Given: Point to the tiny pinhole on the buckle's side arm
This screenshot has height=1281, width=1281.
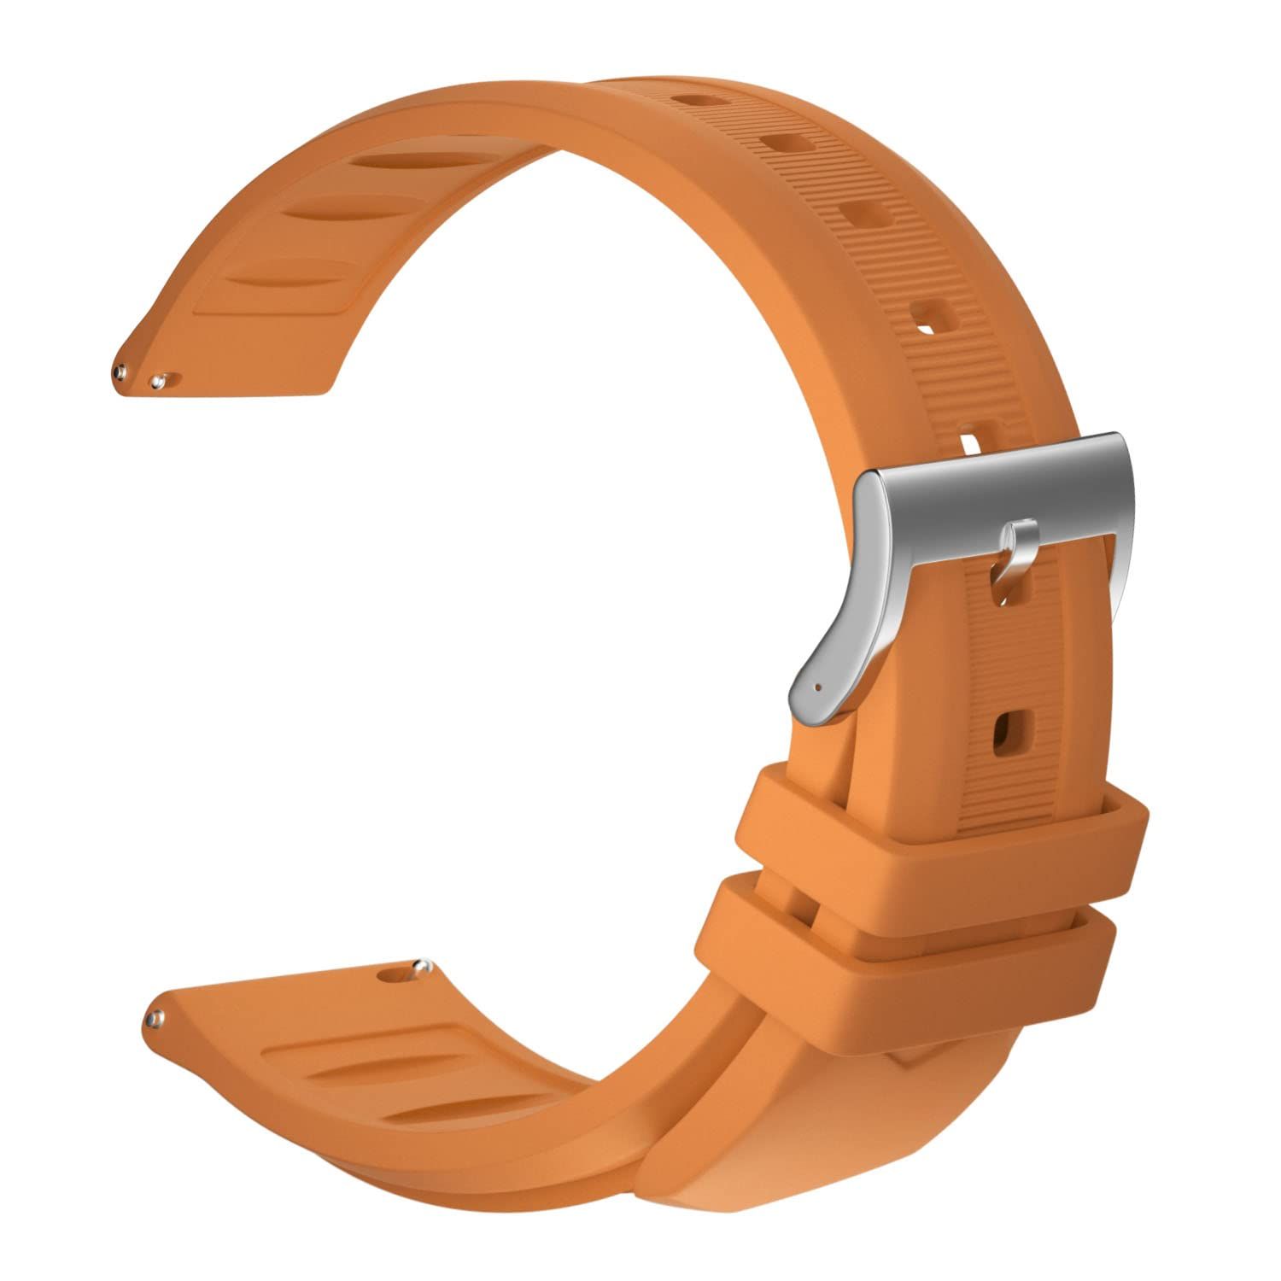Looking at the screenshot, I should click(x=819, y=685).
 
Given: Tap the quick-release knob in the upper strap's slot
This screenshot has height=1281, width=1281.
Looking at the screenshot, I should click(x=157, y=380).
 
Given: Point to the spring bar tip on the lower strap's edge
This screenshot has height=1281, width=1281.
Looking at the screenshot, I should click(x=155, y=1017).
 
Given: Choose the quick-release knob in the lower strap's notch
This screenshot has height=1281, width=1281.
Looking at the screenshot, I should click(x=418, y=968).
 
